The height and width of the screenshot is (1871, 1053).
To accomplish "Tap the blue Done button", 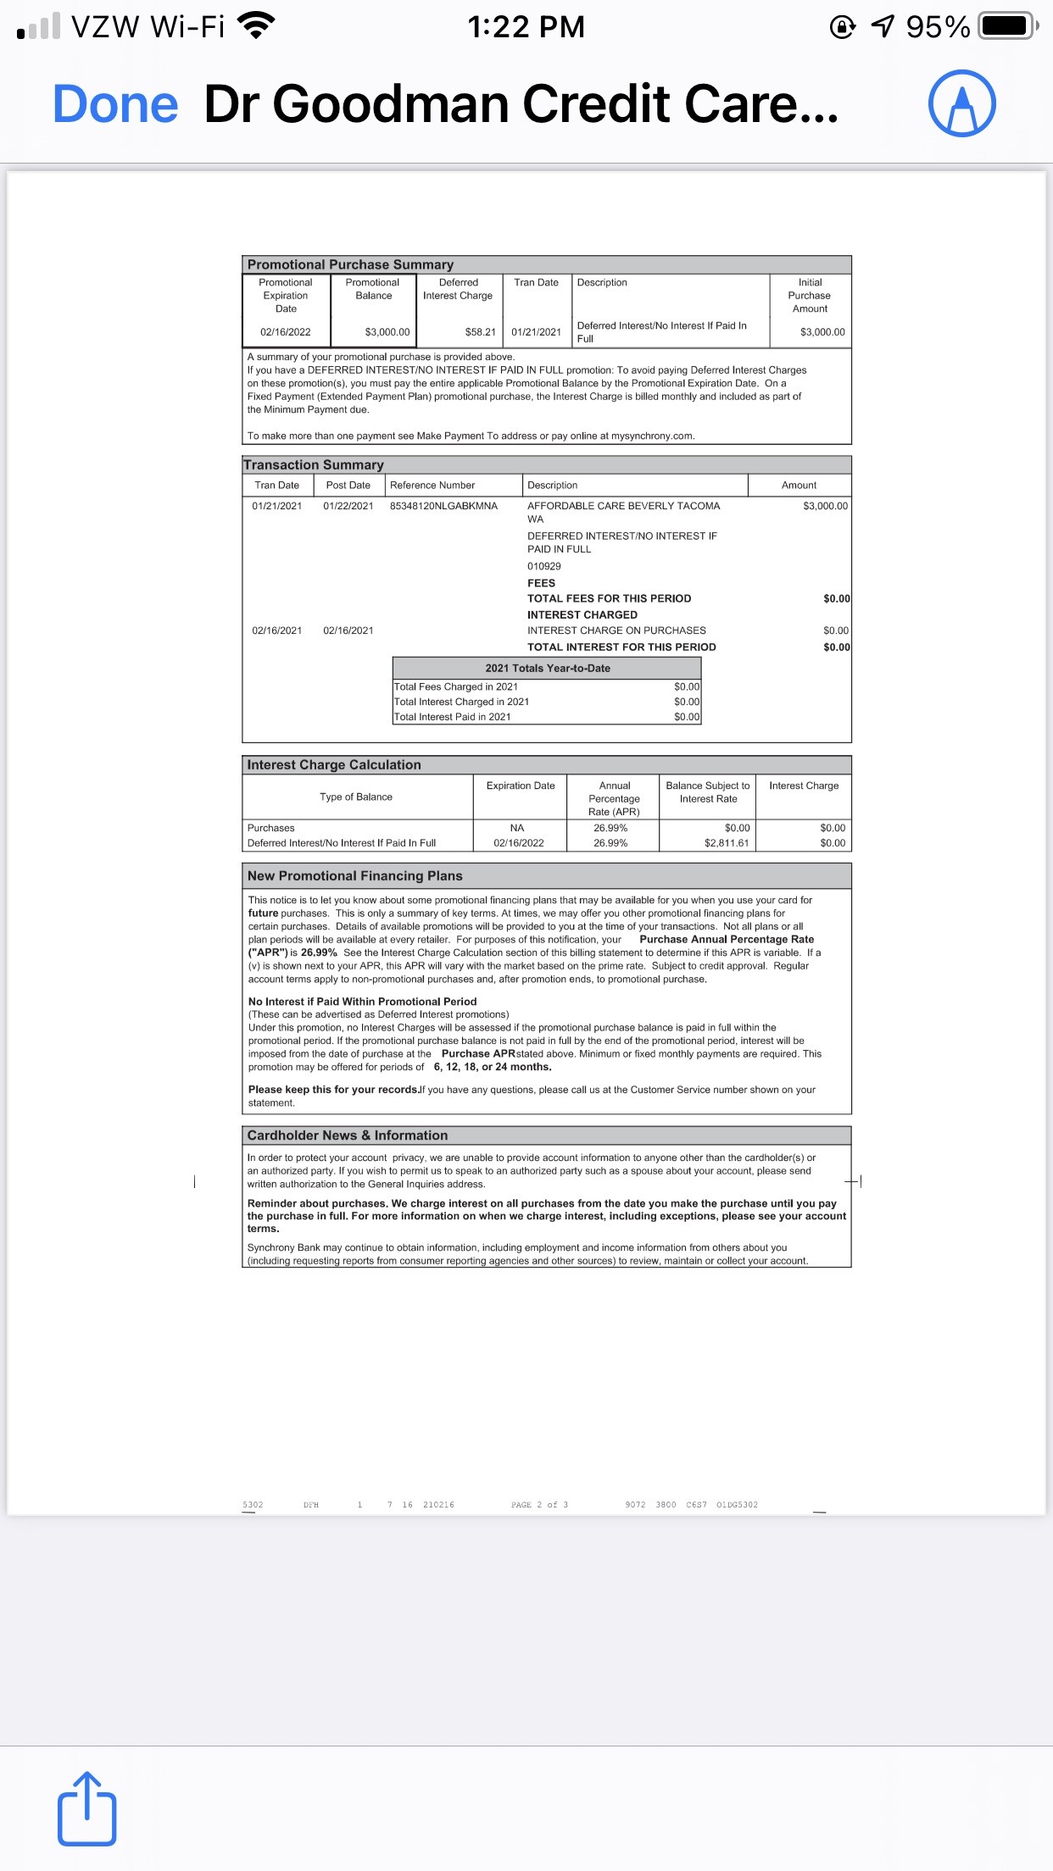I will (x=115, y=104).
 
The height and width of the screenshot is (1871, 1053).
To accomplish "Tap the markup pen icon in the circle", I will (x=961, y=103).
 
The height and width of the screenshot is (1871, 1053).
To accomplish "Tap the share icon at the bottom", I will (x=86, y=1807).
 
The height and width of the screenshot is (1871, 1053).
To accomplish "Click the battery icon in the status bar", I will (x=1006, y=26).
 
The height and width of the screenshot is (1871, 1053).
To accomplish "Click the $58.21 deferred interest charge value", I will (x=480, y=332).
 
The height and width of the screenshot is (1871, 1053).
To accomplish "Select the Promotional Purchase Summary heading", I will (x=350, y=264).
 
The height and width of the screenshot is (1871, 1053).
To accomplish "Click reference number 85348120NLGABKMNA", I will (x=443, y=506).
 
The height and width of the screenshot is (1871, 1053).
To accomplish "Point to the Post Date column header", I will (x=348, y=486).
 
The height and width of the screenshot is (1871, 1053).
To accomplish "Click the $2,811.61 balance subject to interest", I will (x=727, y=843).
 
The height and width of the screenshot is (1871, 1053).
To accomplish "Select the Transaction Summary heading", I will (x=314, y=464).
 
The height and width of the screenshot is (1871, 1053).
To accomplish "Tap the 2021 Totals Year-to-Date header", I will (x=547, y=668).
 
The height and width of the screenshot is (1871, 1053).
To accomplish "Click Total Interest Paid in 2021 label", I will (x=452, y=717).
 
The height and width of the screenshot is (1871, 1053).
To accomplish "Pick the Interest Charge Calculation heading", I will (x=334, y=764).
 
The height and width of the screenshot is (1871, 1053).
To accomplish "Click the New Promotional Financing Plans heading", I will (x=354, y=875).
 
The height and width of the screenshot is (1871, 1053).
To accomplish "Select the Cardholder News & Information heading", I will (x=347, y=1135).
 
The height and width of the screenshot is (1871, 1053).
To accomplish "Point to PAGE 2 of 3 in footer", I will (x=539, y=1505).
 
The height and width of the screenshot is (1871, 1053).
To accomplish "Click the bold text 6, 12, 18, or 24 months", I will (x=493, y=1067).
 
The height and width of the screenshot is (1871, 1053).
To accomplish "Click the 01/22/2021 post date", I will (x=348, y=506).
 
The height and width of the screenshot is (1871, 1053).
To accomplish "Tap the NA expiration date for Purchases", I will (x=517, y=828).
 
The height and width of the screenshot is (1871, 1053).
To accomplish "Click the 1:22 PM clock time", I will (x=526, y=26).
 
